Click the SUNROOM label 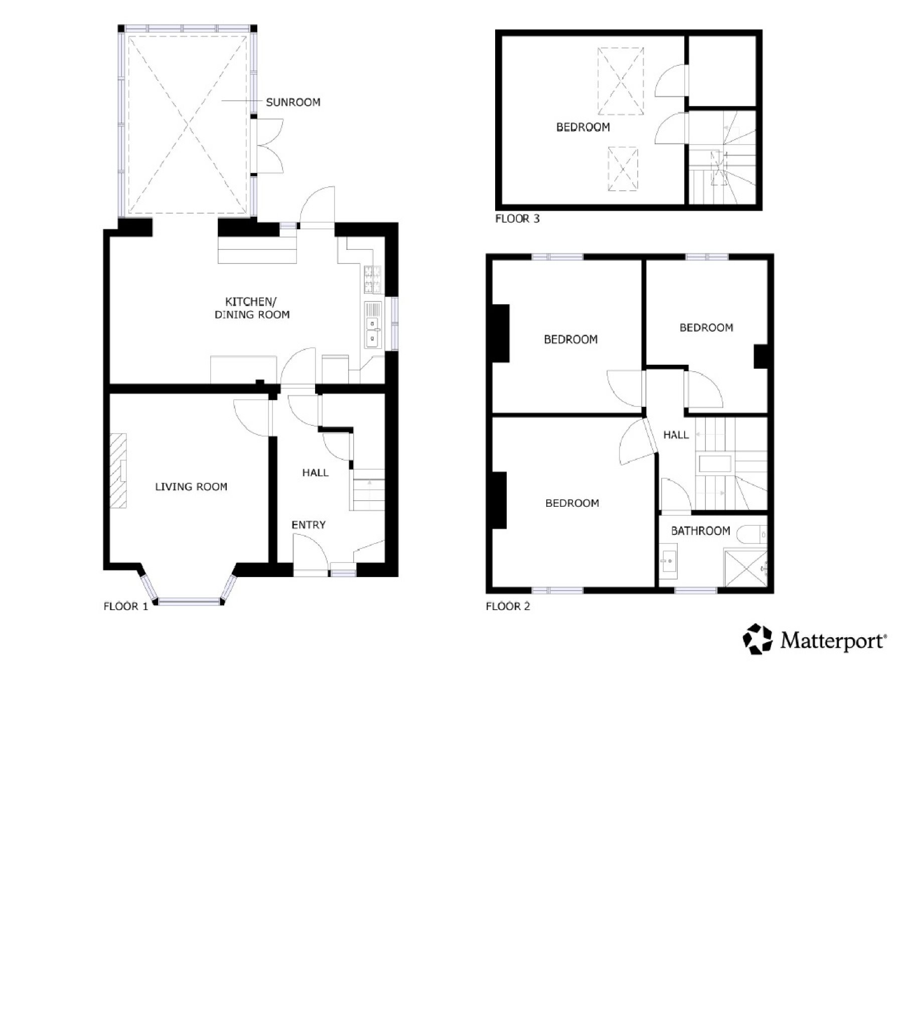tap(293, 102)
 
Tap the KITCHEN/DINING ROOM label tap(252, 308)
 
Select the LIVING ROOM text tap(191, 487)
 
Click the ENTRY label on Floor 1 tap(309, 525)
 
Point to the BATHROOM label tap(700, 531)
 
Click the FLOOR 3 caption tap(517, 219)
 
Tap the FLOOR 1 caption tap(125, 607)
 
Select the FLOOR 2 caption tap(508, 606)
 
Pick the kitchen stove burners tap(372, 279)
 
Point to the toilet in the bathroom tap(756, 535)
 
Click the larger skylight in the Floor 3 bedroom tap(621, 81)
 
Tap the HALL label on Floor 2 tap(676, 435)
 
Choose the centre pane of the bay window tap(189, 601)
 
